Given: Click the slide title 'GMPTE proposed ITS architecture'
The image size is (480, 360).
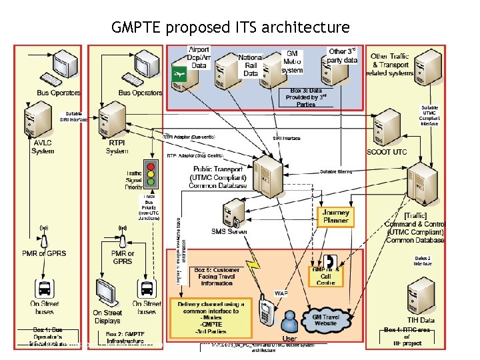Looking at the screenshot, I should coord(230,27).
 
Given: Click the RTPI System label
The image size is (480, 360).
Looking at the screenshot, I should coord(117,147).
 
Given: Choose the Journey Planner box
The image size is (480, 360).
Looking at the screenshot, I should coord(335,217).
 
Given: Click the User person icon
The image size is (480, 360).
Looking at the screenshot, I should coord(289,318).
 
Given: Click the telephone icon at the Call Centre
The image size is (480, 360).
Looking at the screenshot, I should coord(330,262).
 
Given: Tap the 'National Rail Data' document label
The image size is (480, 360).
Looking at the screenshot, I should coord(250,65).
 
